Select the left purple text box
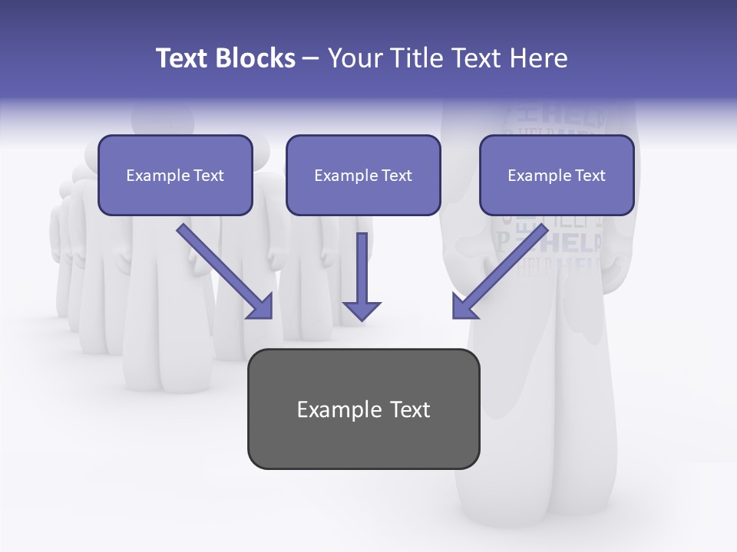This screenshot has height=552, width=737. click(175, 175)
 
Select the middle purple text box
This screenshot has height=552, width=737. click(363, 175)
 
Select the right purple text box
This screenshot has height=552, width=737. click(557, 175)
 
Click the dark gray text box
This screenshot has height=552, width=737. click(363, 409)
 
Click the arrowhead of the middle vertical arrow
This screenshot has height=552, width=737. click(362, 310)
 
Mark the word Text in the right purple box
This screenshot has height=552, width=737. click(589, 176)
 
